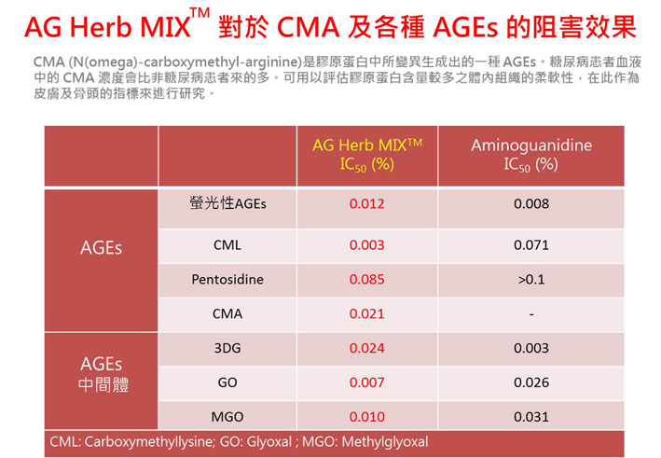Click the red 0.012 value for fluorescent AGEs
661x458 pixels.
pyautogui.click(x=366, y=203)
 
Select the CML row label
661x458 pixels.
pyautogui.click(x=227, y=245)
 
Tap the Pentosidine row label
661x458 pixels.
pyautogui.click(x=227, y=279)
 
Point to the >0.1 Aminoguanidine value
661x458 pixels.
pyautogui.click(x=531, y=279)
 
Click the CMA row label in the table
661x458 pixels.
pyautogui.click(x=227, y=313)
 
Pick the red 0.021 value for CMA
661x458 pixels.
pyautogui.click(x=366, y=313)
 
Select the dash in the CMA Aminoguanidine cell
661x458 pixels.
pyautogui.click(x=531, y=314)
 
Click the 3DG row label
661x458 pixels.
pyautogui.click(x=227, y=348)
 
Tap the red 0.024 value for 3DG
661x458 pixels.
pyautogui.click(x=366, y=348)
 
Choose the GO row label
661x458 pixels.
pyautogui.click(x=227, y=382)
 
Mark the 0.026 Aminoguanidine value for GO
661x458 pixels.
pyautogui.click(x=531, y=382)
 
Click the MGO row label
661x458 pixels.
pyautogui.click(x=227, y=417)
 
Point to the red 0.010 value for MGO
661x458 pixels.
pyautogui.click(x=366, y=417)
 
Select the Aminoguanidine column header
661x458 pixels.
pyautogui.click(x=531, y=155)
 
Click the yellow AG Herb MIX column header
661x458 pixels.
pyautogui.click(x=367, y=155)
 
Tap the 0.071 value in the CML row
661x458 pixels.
pyautogui.click(x=531, y=245)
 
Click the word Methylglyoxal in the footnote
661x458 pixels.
pyautogui.click(x=385, y=442)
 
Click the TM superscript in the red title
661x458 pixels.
pyautogui.click(x=200, y=13)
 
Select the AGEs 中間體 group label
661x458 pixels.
pyautogui.click(x=103, y=374)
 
